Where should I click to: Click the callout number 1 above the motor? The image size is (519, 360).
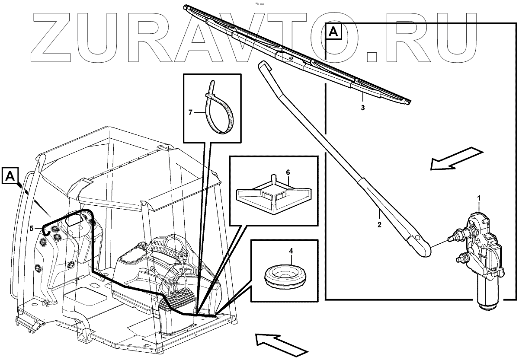tap(479, 198)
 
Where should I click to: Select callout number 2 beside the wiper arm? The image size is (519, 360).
tap(379, 225)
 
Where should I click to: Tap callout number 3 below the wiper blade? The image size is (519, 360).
tap(362, 107)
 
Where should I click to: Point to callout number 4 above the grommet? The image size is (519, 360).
tap(291, 251)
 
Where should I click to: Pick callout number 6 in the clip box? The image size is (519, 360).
tap(288, 172)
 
